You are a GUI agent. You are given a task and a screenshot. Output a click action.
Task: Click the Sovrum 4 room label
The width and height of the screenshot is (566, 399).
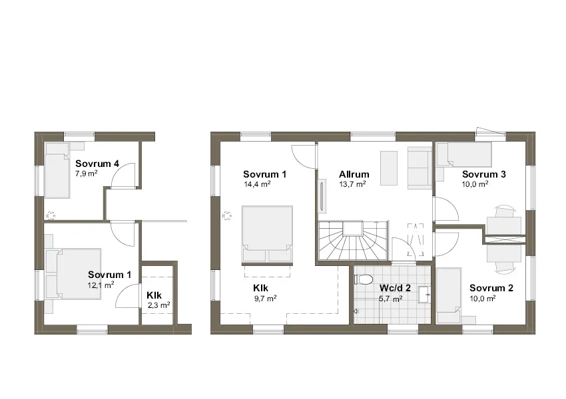coord(97,164)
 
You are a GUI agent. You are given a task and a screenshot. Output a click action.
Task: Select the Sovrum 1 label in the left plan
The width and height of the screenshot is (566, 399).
coord(110,274)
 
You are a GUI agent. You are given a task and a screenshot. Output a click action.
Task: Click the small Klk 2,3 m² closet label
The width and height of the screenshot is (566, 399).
coord(154,295)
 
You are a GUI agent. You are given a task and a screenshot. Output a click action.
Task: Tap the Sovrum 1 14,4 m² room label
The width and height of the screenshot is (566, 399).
coord(265,174)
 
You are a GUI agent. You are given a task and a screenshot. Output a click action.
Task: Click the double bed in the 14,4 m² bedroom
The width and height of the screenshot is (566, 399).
coord(267,234)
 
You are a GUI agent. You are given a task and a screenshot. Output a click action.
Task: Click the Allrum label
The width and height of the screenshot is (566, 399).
coord(354,174)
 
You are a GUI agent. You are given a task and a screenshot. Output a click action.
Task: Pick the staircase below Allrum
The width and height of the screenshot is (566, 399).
coord(352,242)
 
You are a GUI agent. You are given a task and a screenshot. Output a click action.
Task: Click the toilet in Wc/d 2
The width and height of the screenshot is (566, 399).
coord(362,279)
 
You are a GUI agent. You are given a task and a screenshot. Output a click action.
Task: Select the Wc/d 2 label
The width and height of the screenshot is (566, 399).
coord(395,289)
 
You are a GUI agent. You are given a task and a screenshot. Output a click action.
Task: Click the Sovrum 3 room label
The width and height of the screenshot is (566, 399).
coord(484,174)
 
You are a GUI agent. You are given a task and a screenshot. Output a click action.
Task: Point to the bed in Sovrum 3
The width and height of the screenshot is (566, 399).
coord(463,155)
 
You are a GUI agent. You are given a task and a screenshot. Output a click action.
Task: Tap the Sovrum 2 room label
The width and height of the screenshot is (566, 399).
coord(491,288)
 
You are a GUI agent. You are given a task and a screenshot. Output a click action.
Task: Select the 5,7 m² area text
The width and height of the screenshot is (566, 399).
coord(390,299)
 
